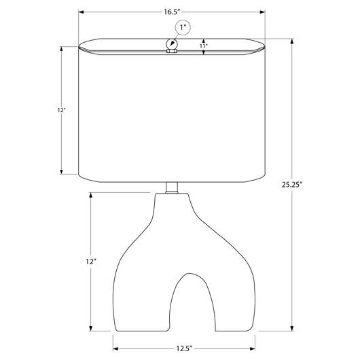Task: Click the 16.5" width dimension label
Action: [x=171, y=12]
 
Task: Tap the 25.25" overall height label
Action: [x=292, y=184]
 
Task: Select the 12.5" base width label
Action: [x=184, y=348]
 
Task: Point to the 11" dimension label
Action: [x=203, y=46]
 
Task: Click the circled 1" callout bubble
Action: [x=183, y=28]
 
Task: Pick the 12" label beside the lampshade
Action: [x=61, y=110]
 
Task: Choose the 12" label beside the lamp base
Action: [x=91, y=262]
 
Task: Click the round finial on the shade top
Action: [x=172, y=43]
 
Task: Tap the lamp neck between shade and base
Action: [x=172, y=187]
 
